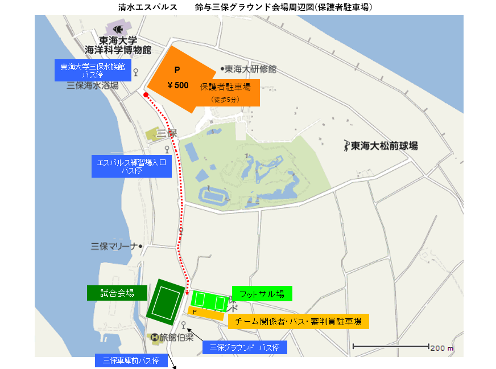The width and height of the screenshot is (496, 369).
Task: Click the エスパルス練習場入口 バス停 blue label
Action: point(131,166)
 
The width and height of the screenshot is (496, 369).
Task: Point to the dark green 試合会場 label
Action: point(117,293)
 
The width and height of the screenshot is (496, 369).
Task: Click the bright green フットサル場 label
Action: point(262,293)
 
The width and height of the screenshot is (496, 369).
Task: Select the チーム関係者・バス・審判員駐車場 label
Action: point(299,321)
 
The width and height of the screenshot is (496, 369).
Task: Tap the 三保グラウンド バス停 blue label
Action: point(245,347)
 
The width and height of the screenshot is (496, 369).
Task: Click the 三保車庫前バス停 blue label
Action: point(131,360)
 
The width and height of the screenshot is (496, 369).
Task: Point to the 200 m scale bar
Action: point(391,346)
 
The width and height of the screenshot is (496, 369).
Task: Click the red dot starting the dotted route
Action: point(146,95)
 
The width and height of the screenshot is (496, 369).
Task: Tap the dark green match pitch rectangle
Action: point(166,300)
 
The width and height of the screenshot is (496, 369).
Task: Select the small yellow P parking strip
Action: point(205,312)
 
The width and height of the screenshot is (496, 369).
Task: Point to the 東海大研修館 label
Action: point(249,69)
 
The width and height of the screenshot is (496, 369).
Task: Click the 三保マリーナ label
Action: point(115,247)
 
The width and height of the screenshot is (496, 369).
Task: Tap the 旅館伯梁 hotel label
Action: point(173,337)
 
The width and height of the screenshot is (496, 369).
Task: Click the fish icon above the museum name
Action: point(117,28)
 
